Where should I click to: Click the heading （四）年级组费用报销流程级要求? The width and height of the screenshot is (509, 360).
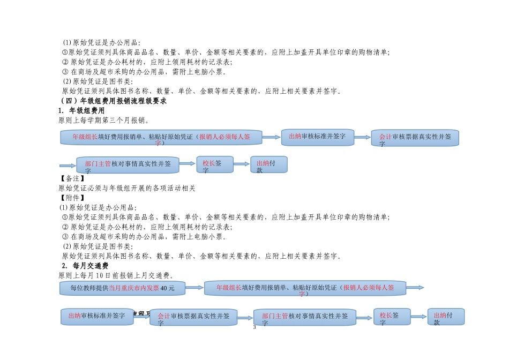click(114, 101)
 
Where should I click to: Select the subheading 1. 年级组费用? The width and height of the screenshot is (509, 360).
click(81, 110)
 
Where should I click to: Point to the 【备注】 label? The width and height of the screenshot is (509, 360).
click(71, 178)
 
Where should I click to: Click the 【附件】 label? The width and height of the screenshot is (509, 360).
click(71, 198)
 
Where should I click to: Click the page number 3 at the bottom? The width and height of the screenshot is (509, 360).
click(254, 327)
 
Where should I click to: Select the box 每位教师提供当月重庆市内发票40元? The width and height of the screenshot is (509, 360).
click(122, 288)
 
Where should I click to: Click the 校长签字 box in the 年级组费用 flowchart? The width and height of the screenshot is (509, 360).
click(215, 164)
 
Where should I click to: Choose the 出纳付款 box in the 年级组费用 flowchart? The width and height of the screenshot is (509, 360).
click(269, 164)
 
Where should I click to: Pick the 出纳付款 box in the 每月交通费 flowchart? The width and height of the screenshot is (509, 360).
click(446, 316)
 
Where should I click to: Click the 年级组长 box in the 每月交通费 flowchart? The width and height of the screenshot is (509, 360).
click(305, 288)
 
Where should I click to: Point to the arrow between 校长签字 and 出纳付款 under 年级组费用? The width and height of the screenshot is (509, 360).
click(242, 164)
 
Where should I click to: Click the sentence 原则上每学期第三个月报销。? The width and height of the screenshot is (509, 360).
click(103, 120)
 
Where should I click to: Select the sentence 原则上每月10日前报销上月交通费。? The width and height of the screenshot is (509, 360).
click(115, 275)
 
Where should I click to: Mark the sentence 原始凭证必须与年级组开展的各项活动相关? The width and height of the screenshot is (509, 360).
click(127, 188)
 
